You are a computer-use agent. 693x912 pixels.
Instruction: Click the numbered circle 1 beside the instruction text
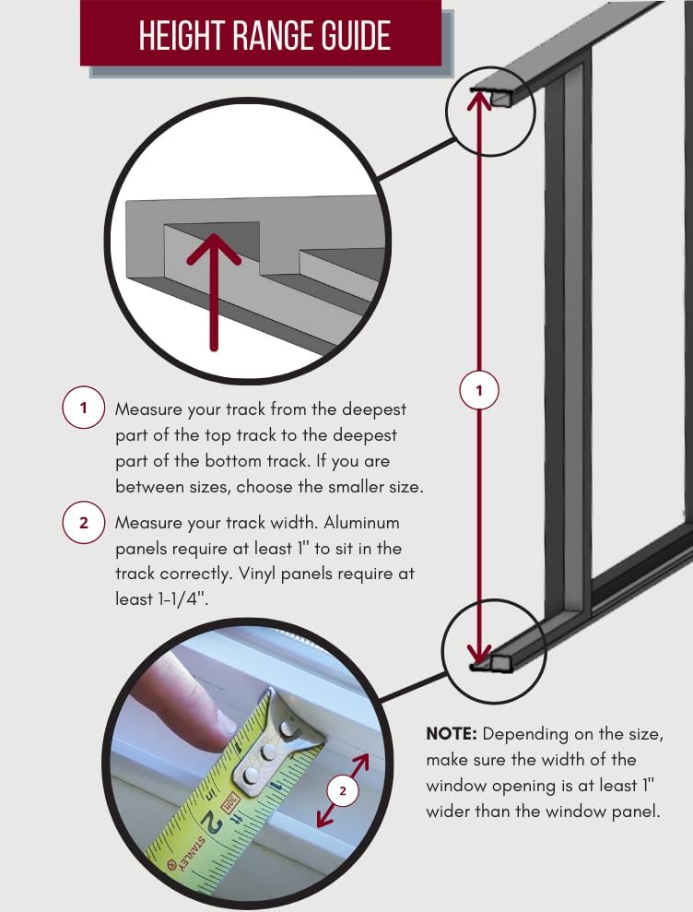tap(83, 409)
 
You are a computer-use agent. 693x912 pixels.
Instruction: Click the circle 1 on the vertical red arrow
tap(478, 391)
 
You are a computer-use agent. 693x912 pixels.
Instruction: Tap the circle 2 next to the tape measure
tap(343, 790)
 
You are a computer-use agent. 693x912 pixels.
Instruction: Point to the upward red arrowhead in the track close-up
tap(214, 247)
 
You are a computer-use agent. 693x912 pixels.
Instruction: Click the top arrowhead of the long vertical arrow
tap(478, 98)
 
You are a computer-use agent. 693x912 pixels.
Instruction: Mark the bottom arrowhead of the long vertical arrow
tap(478, 656)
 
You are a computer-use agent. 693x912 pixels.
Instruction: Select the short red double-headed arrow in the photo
tap(341, 789)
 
